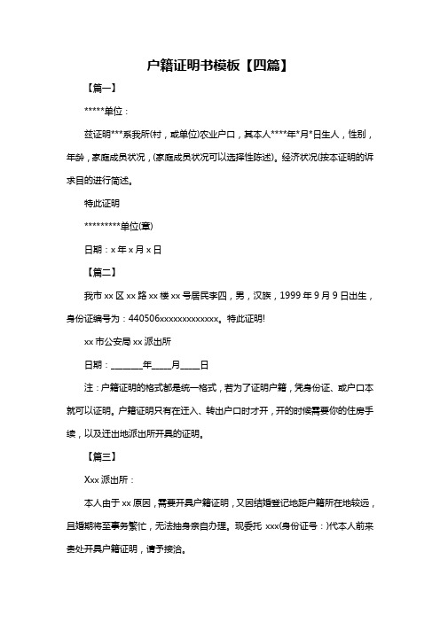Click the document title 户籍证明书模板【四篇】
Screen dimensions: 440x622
click(x=220, y=66)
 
